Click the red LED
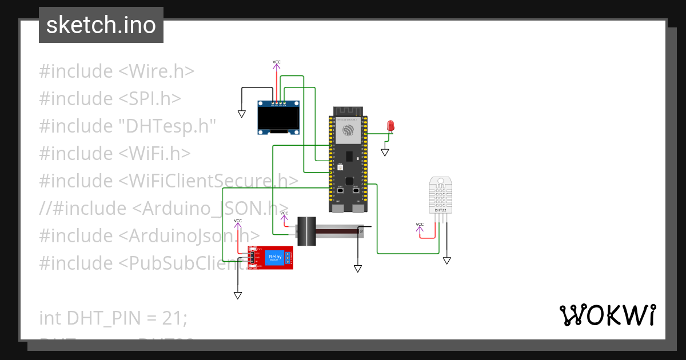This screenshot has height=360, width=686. tap(391, 125)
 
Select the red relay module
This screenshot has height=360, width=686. tap(270, 258)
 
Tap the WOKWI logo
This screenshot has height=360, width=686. tap(607, 315)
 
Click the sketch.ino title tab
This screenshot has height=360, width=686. tap(101, 25)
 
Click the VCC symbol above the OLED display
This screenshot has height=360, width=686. tap(277, 62)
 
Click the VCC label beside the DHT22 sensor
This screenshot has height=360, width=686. tap(420, 225)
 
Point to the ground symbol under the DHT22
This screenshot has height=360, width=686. tap(446, 260)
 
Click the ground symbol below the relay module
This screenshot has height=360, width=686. tap(237, 295)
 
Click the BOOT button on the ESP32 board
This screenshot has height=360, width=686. tap(341, 189)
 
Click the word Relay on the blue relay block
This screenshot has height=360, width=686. tap(275, 257)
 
